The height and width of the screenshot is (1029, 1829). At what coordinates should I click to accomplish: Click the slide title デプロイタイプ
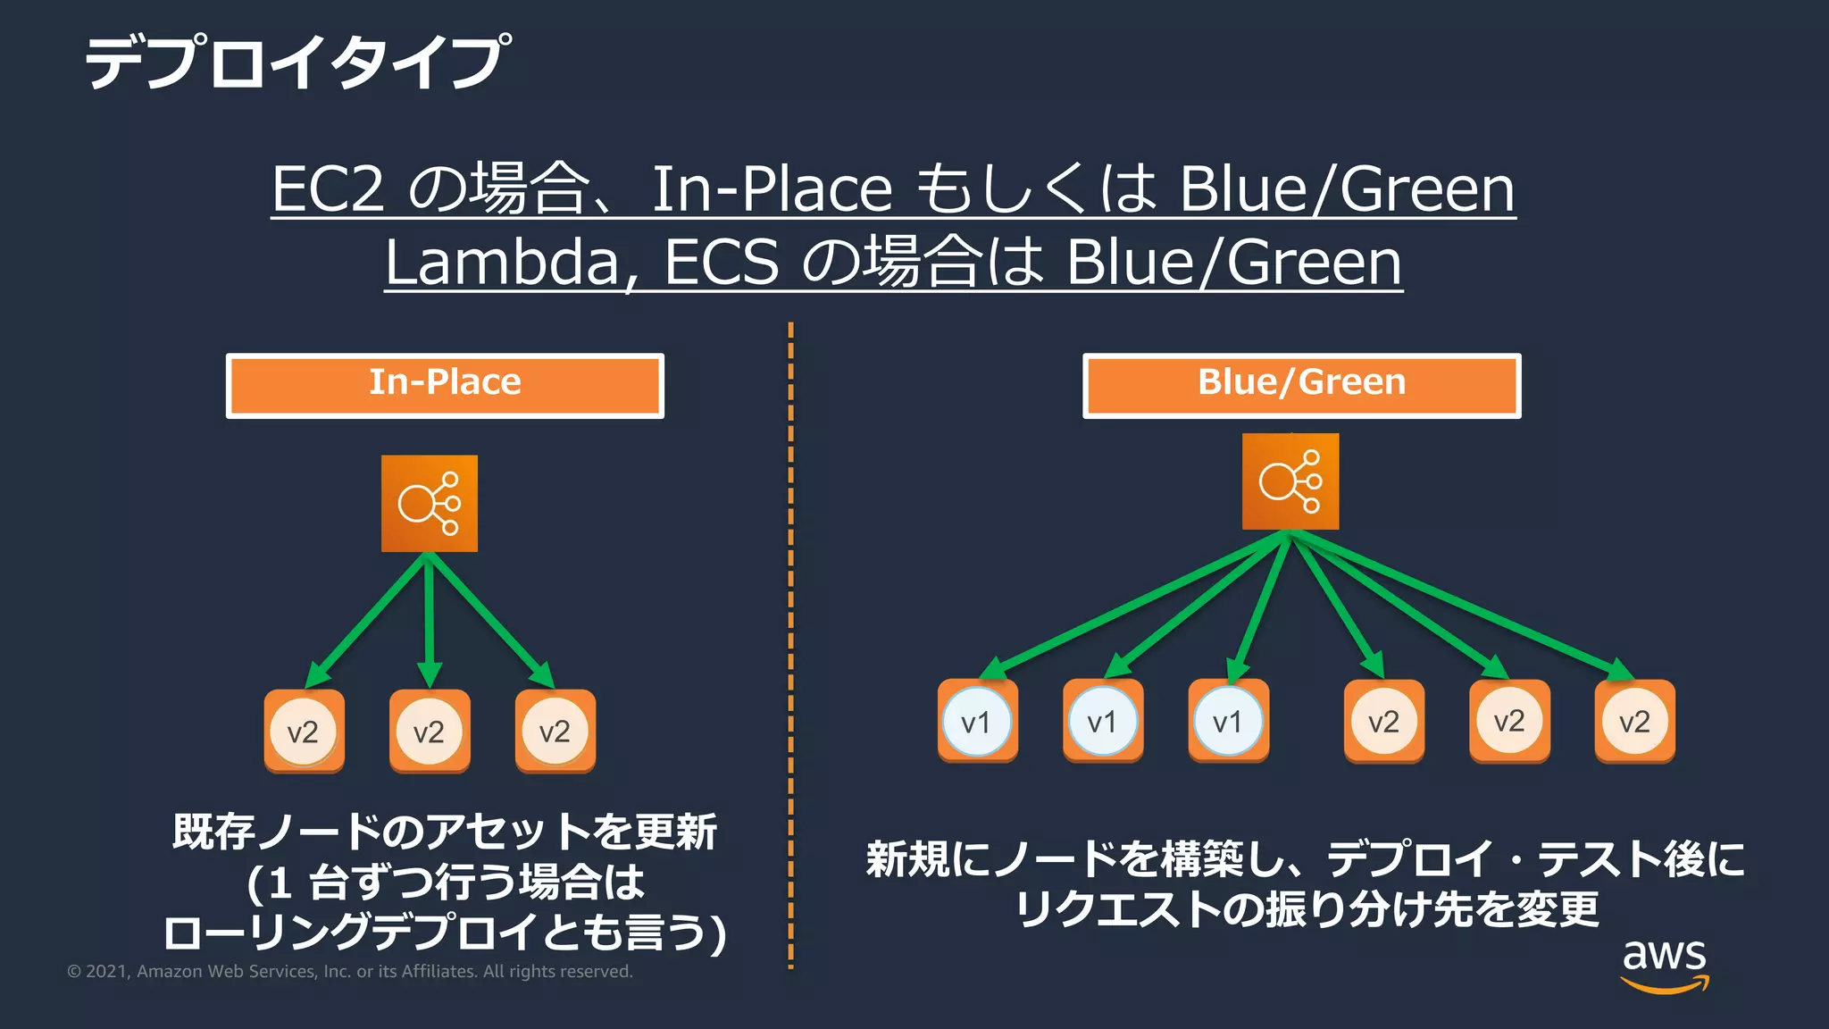click(x=297, y=63)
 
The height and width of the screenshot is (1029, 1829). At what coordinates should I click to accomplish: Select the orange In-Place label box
click(x=445, y=385)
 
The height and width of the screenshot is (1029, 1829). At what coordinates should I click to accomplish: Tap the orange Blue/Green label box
click(x=1301, y=385)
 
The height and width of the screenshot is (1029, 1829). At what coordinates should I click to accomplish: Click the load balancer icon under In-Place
click(x=430, y=503)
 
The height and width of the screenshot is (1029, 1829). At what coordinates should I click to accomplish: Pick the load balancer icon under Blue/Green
click(x=1290, y=481)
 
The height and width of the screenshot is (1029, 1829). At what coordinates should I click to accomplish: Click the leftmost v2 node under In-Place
click(x=304, y=731)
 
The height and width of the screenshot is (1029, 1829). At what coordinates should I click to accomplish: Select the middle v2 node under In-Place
click(x=430, y=731)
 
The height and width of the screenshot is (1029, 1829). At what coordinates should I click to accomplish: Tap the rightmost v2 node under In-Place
click(x=555, y=731)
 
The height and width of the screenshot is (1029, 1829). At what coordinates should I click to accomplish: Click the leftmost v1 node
click(x=977, y=721)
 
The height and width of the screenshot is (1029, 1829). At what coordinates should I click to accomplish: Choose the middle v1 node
click(x=1103, y=721)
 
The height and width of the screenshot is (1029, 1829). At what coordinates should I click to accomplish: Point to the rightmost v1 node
click(x=1228, y=721)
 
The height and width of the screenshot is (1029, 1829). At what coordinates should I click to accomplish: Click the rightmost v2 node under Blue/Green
click(x=1635, y=721)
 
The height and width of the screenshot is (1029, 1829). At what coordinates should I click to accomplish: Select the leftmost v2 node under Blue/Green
click(x=1384, y=721)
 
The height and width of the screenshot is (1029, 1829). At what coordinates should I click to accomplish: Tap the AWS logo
click(x=1665, y=965)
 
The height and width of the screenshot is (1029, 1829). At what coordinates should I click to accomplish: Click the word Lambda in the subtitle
click(x=502, y=263)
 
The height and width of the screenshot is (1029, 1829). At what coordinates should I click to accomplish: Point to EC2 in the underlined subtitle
click(x=328, y=189)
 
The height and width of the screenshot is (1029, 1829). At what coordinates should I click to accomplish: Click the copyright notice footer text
click(x=350, y=972)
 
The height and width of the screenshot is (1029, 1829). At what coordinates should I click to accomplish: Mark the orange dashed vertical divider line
click(x=790, y=643)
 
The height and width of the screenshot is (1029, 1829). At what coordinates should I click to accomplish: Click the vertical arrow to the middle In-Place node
click(x=430, y=621)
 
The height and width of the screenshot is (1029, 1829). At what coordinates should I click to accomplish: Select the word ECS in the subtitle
click(x=722, y=263)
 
